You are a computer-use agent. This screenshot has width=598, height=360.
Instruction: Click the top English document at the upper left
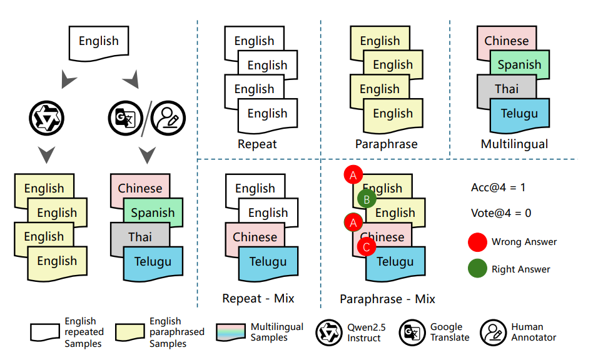[98, 42]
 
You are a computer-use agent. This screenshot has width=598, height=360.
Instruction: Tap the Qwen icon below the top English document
[47, 117]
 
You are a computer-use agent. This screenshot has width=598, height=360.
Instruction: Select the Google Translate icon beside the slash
[126, 117]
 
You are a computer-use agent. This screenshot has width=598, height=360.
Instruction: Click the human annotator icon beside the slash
[168, 117]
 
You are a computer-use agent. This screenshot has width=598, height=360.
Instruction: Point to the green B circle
[367, 199]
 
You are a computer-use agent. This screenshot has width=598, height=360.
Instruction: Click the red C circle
[366, 247]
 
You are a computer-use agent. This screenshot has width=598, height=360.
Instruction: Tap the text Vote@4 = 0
[500, 213]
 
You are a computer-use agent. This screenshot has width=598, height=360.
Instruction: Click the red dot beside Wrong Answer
[477, 242]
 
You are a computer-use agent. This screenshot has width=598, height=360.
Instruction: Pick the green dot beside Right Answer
[477, 269]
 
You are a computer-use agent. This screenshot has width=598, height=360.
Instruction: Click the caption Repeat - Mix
[258, 299]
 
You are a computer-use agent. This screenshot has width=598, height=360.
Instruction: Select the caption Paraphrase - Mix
[387, 299]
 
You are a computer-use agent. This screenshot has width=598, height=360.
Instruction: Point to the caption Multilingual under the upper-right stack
[514, 144]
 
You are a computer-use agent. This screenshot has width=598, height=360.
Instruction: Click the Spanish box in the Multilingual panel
[519, 65]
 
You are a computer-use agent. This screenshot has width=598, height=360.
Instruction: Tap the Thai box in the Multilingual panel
[506, 89]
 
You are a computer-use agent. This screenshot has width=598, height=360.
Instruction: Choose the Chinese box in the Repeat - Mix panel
[255, 237]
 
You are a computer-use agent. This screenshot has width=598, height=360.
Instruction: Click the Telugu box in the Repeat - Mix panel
[268, 262]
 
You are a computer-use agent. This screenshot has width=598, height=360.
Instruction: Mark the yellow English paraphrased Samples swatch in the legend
[130, 332]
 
